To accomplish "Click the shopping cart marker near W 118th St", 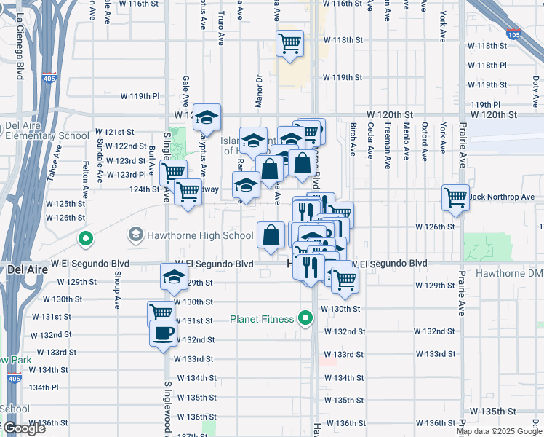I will [289, 44].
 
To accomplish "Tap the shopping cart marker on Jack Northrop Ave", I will [455, 197].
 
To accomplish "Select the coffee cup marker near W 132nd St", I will [162, 334].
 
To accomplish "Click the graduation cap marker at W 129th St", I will [174, 277].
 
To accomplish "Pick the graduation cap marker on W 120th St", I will [207, 117].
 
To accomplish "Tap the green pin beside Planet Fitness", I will [305, 319].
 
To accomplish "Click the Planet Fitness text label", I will [262, 319].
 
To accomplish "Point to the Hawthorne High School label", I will [201, 235].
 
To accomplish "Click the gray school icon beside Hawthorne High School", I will [135, 235].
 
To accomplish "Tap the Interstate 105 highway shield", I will [513, 34].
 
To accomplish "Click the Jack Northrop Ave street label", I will [502, 197].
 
